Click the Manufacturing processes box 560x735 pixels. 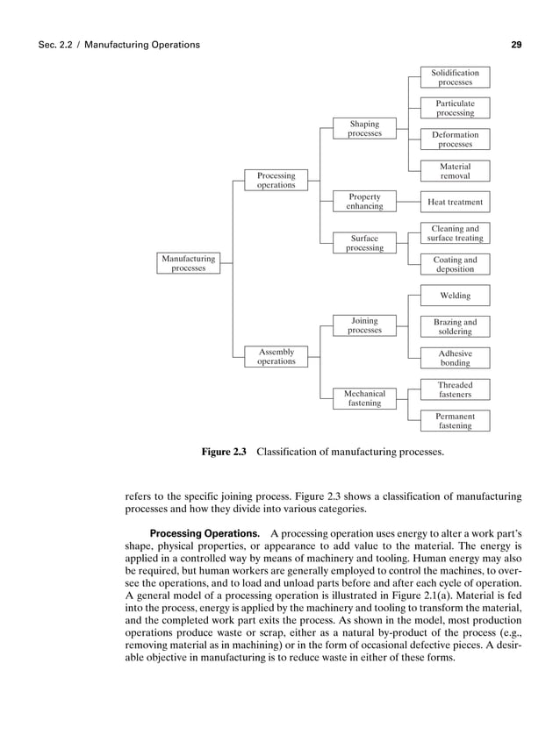[x=189, y=264]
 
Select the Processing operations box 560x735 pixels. [x=276, y=181]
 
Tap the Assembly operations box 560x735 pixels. [x=276, y=356]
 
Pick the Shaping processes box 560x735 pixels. [x=364, y=129]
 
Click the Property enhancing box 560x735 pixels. [x=364, y=202]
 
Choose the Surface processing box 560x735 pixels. [x=364, y=242]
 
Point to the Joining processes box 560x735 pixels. [x=364, y=326]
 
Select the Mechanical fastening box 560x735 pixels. [x=364, y=398]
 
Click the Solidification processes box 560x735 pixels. [x=455, y=77]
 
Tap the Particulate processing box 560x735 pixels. [x=455, y=108]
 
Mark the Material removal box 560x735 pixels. [x=455, y=171]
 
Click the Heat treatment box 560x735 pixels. [x=455, y=202]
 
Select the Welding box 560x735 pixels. [x=455, y=296]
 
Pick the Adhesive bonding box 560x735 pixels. [x=455, y=358]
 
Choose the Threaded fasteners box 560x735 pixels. [x=455, y=389]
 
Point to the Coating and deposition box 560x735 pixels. [x=455, y=264]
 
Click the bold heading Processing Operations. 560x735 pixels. [x=205, y=534]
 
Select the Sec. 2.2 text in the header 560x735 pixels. [x=55, y=44]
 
